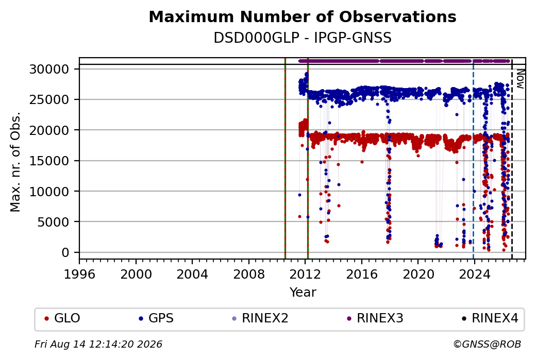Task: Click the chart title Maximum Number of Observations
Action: [x=303, y=16]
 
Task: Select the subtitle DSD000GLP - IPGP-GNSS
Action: [x=303, y=38]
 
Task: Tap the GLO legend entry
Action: [x=62, y=318]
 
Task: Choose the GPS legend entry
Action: [x=156, y=318]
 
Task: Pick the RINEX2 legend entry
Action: [x=260, y=318]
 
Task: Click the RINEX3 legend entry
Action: [x=375, y=318]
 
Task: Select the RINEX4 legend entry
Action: [x=490, y=318]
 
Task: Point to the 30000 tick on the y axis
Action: [x=49, y=70]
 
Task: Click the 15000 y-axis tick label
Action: [x=49, y=161]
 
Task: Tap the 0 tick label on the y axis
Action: [x=65, y=252]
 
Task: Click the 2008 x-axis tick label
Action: [x=249, y=275]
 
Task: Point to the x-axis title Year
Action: [x=303, y=293]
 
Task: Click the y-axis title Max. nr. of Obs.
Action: [x=15, y=162]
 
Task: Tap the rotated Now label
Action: [x=520, y=79]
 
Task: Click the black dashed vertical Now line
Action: [x=512, y=159]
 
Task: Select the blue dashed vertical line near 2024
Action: [x=474, y=159]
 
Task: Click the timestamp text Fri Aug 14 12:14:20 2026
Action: [x=98, y=344]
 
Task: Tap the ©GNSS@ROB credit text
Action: [x=487, y=344]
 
